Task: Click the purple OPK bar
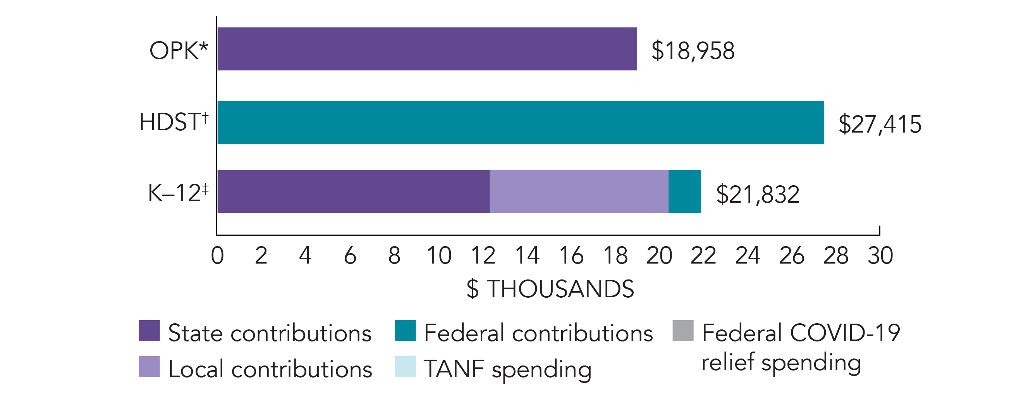427,49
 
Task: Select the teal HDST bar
520,122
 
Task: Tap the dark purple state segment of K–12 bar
353,191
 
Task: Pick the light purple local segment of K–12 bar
579,191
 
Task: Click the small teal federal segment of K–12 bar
684,191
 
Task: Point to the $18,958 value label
693,50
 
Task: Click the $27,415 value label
880,124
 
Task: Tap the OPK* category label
179,50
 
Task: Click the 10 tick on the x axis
439,255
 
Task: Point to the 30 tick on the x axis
880,255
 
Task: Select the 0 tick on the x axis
217,255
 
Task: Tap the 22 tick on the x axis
703,255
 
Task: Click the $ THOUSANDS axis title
550,289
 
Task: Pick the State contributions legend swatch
149,331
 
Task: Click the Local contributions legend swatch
149,367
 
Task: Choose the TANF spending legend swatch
405,367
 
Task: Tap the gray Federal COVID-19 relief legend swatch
683,331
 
